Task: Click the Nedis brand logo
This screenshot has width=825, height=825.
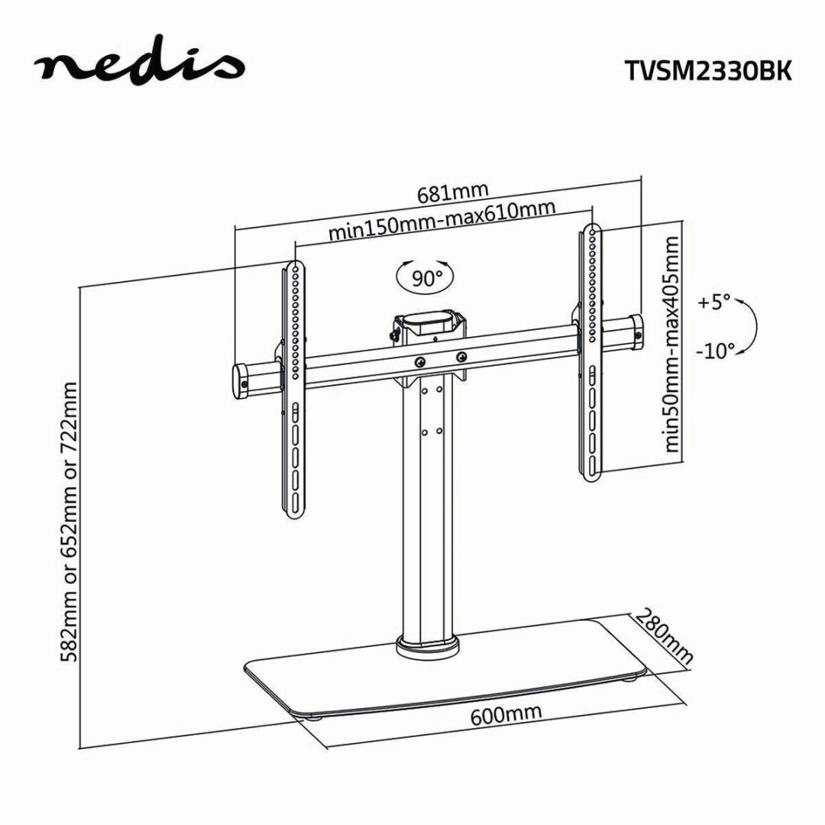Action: [x=138, y=65]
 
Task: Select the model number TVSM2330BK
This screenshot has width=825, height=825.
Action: [x=707, y=70]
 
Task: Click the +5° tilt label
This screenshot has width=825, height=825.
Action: [x=714, y=302]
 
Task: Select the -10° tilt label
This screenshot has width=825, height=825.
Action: [x=715, y=351]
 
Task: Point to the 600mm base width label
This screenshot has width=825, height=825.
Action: [x=506, y=713]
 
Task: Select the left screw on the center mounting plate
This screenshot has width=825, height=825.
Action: [x=420, y=361]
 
